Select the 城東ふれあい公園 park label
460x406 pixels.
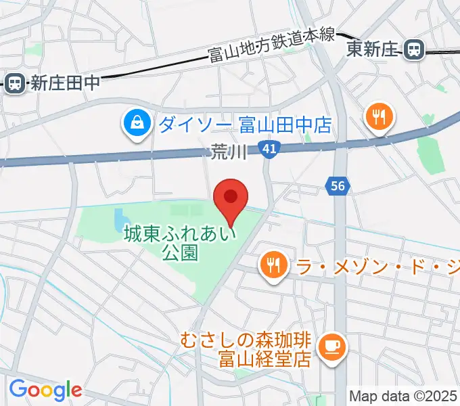[180, 244]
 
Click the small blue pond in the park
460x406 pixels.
[120, 219]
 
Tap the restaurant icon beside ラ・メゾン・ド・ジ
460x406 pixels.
[273, 265]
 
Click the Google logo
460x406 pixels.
[45, 390]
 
